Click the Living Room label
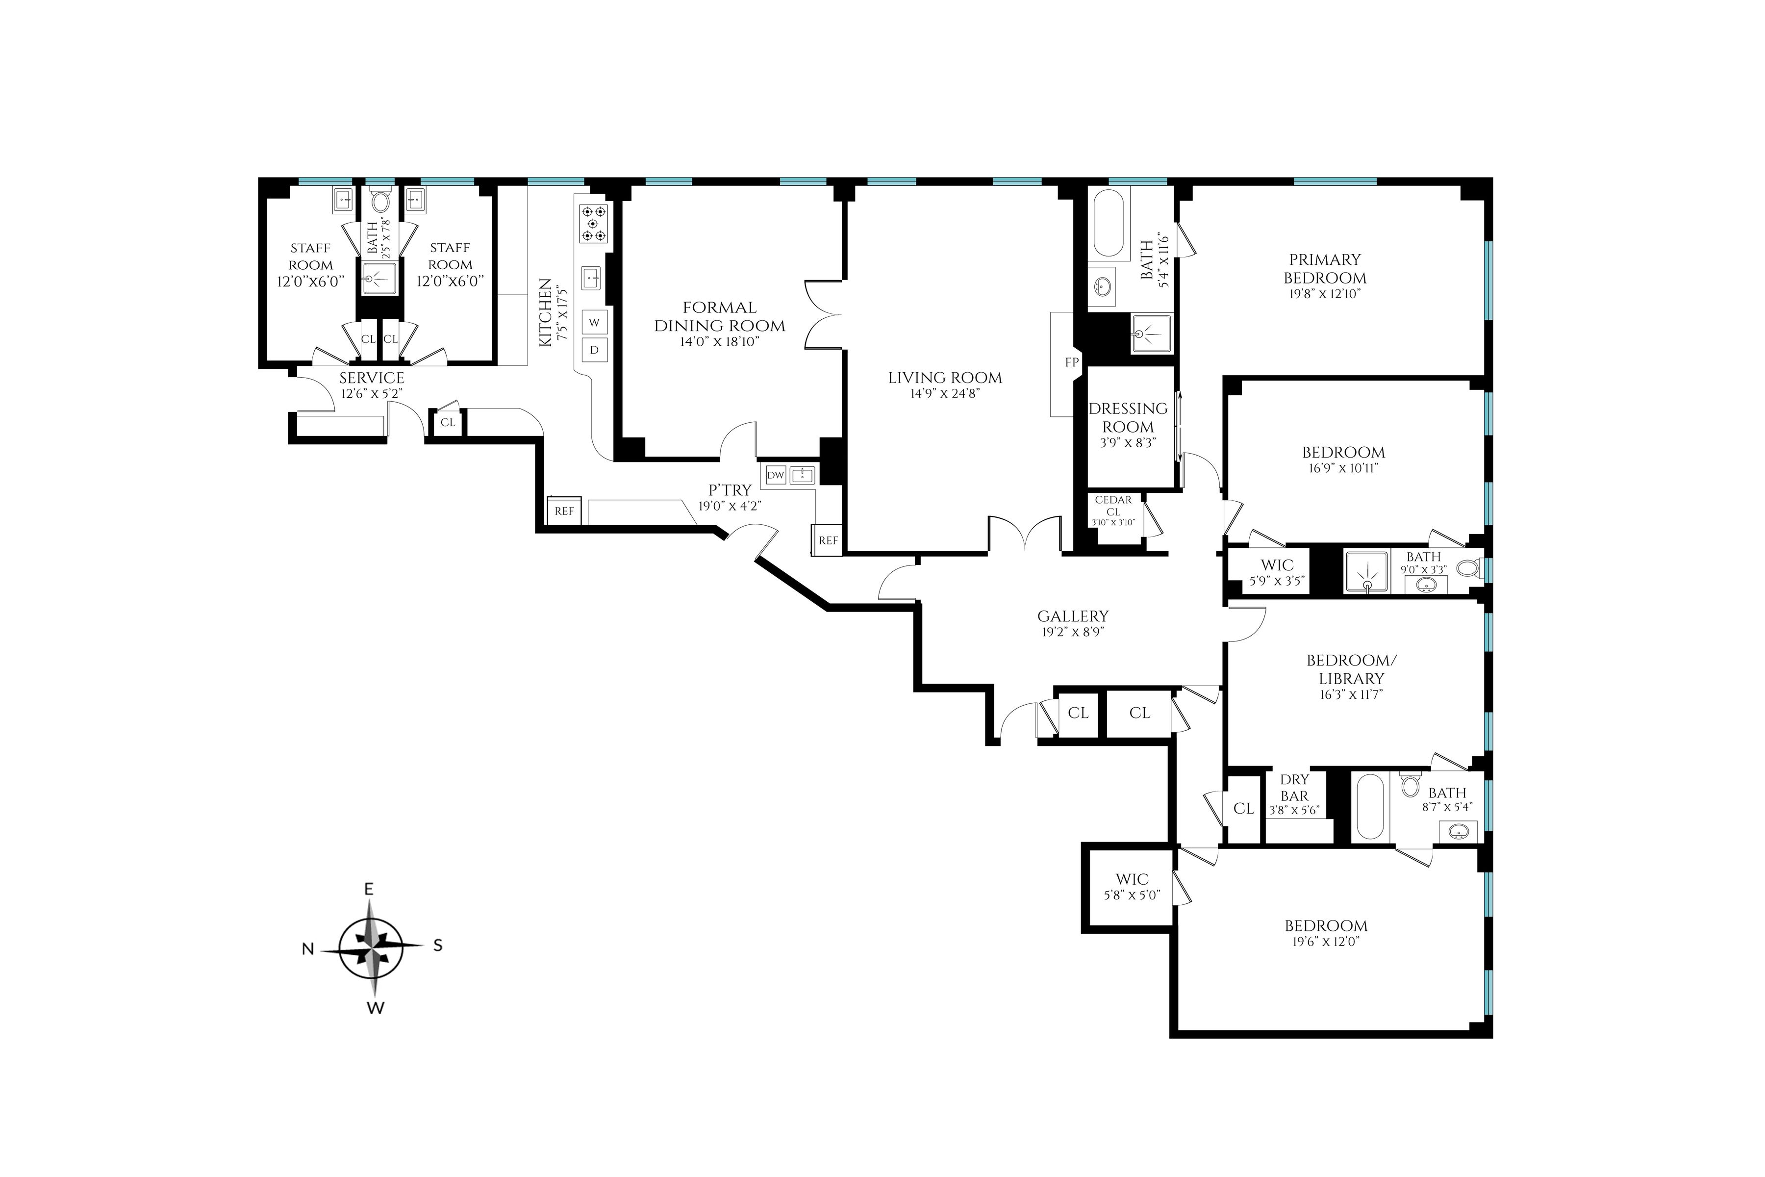945,378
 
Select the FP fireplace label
1072,362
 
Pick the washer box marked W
594,323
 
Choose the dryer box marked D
594,350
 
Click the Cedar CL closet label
1113,506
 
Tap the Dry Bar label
1294,788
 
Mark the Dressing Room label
1128,417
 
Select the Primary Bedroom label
1325,269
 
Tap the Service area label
372,378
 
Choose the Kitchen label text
546,312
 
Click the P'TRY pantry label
730,490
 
